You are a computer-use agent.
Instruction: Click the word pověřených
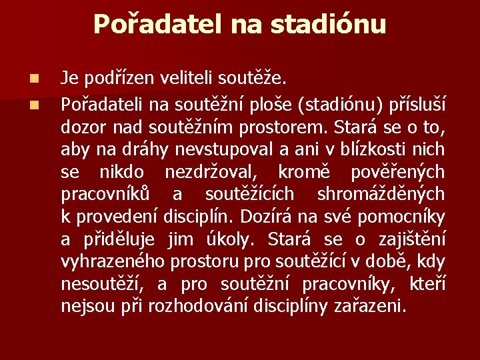coord(398,171)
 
